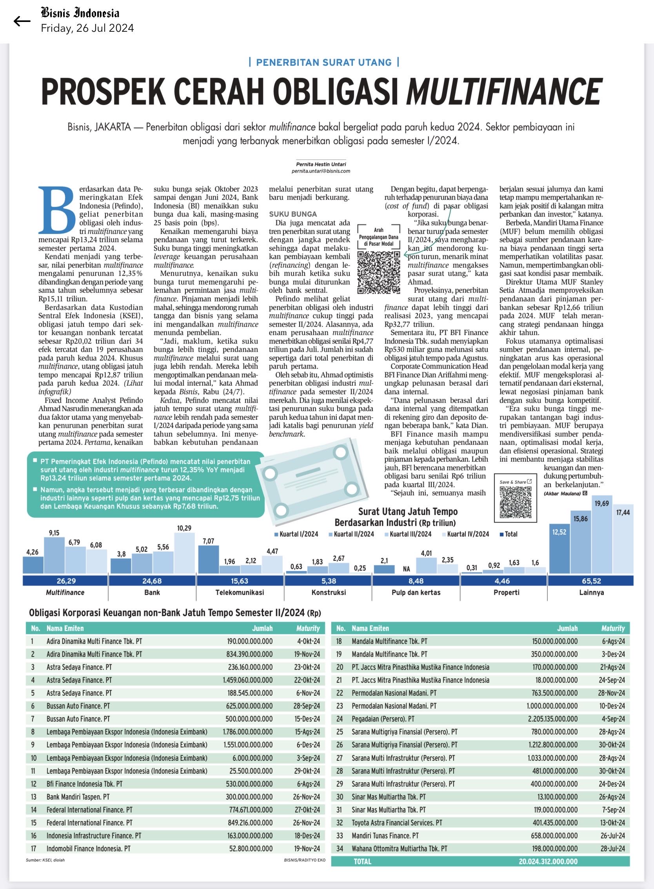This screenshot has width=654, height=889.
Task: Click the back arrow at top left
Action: pos(22,21)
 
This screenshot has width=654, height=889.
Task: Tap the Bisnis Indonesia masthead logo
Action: pos(80,13)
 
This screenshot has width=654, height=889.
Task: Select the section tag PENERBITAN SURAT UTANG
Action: pos(324,62)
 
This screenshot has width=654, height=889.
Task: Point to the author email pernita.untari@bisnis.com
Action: pos(321,171)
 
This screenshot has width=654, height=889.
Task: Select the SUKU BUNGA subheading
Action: pos(293,214)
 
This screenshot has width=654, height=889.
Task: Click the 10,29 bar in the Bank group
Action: pos(184,553)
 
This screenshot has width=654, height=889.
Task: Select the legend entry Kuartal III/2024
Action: pos(411,534)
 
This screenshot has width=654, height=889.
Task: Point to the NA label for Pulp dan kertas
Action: pos(406,569)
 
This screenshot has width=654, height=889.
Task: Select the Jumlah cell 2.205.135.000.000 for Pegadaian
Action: pos(554,719)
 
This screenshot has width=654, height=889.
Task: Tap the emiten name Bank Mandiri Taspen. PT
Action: pos(78,797)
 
